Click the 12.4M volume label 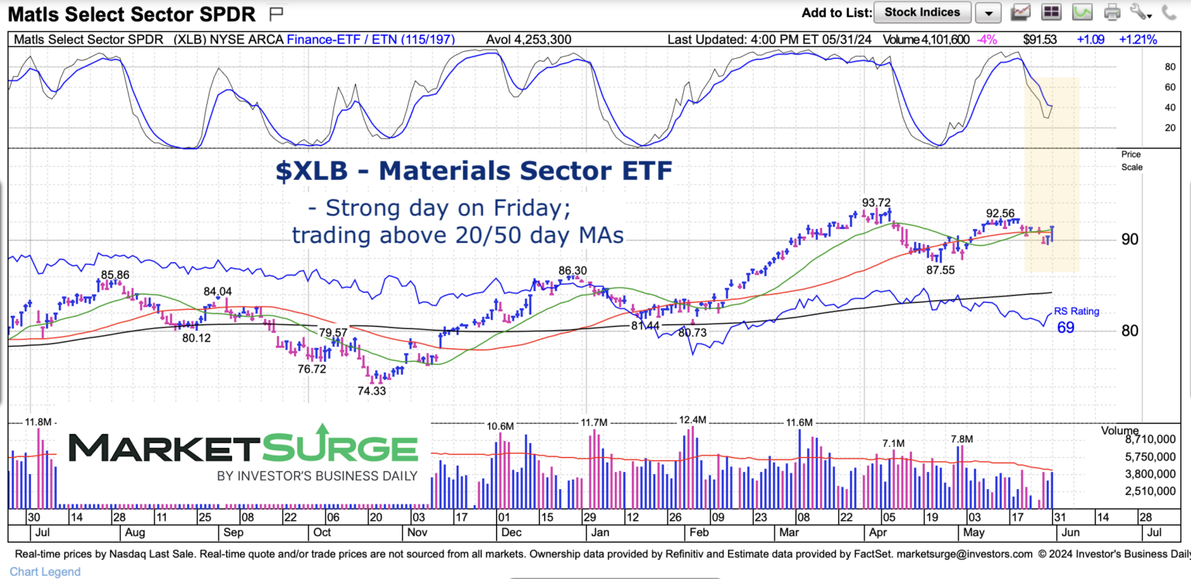click(x=692, y=420)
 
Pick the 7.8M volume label click(x=961, y=439)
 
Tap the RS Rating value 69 click(x=1065, y=328)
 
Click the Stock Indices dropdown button click(x=922, y=12)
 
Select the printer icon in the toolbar click(x=1113, y=12)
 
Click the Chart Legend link click(x=45, y=572)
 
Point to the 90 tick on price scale click(x=1129, y=239)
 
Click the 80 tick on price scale click(x=1129, y=331)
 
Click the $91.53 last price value click(x=1039, y=39)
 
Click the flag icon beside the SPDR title click(x=275, y=13)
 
